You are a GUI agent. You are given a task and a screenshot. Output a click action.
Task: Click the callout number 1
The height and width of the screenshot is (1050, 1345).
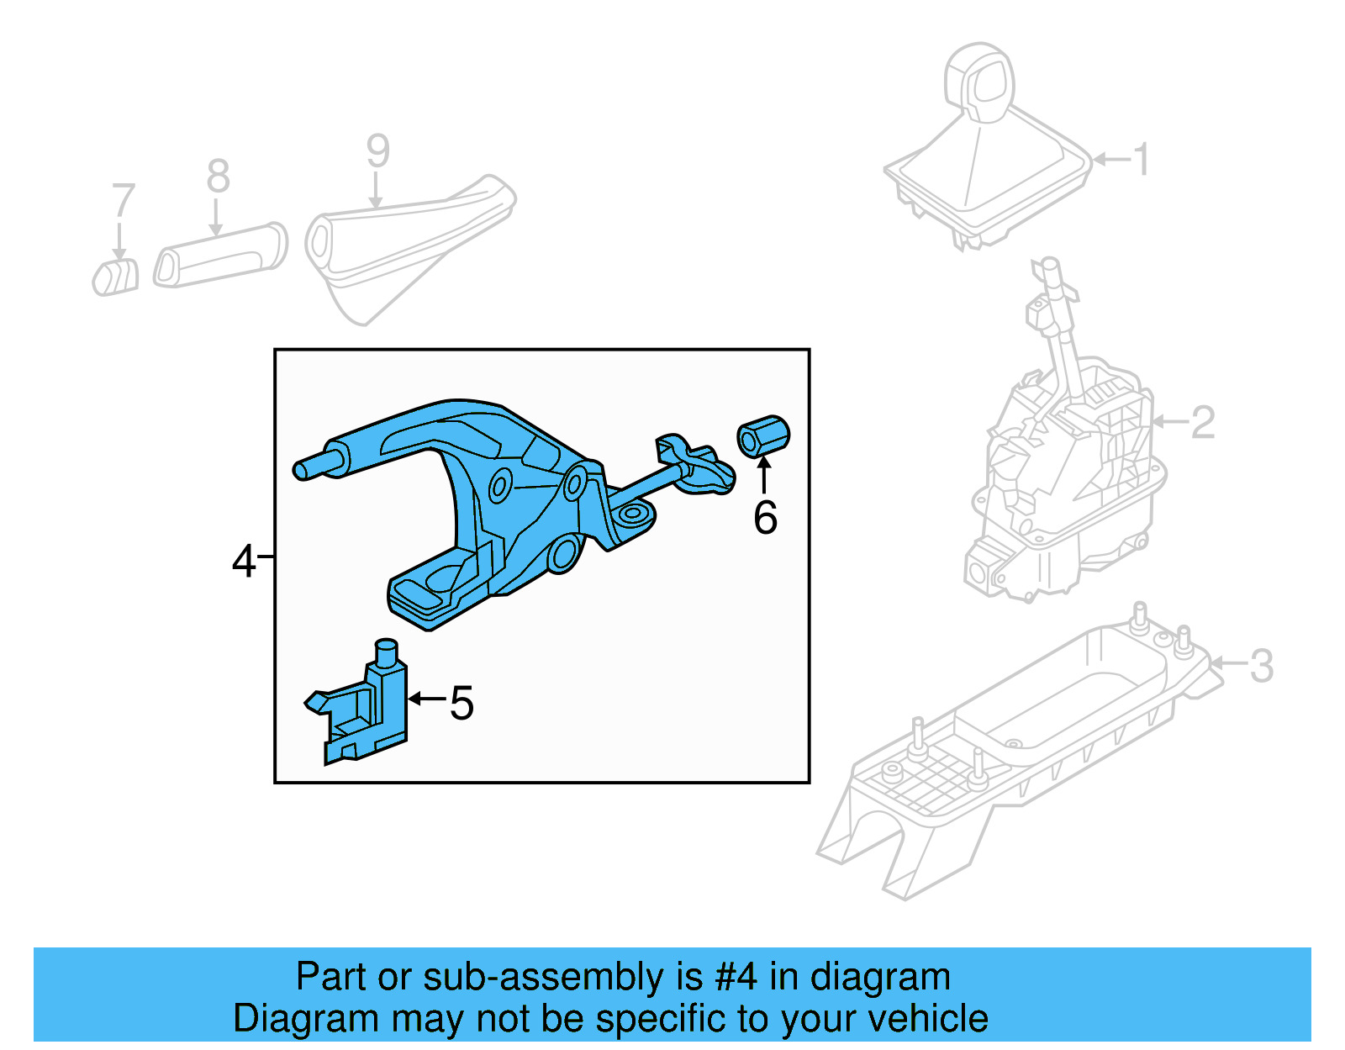(x=1140, y=160)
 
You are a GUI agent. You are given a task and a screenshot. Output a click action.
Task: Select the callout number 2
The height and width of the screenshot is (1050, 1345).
(x=1203, y=422)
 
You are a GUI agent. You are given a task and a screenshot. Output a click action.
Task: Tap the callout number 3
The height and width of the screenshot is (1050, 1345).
(x=1261, y=666)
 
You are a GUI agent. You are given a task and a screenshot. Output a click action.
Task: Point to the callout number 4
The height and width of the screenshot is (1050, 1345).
(x=243, y=561)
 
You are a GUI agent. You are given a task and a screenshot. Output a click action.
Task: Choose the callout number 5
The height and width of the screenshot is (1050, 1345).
(x=462, y=703)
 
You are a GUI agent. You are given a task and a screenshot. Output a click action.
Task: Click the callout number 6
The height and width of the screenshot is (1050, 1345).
(x=765, y=517)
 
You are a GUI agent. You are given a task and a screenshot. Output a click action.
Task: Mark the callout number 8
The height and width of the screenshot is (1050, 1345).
(x=218, y=177)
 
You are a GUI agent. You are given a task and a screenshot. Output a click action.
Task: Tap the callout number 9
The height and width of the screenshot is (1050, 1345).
(x=377, y=151)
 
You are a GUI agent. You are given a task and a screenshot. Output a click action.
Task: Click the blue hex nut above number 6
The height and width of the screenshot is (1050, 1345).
(x=763, y=435)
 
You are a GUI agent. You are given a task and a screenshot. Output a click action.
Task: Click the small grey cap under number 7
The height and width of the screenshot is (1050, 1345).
(x=116, y=277)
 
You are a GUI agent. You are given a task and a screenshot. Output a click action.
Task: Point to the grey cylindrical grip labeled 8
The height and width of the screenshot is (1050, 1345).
(x=221, y=256)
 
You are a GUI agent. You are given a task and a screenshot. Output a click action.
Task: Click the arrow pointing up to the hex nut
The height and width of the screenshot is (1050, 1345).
(x=764, y=475)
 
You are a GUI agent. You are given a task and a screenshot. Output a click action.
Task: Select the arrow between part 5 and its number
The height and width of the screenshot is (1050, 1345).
(x=426, y=699)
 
